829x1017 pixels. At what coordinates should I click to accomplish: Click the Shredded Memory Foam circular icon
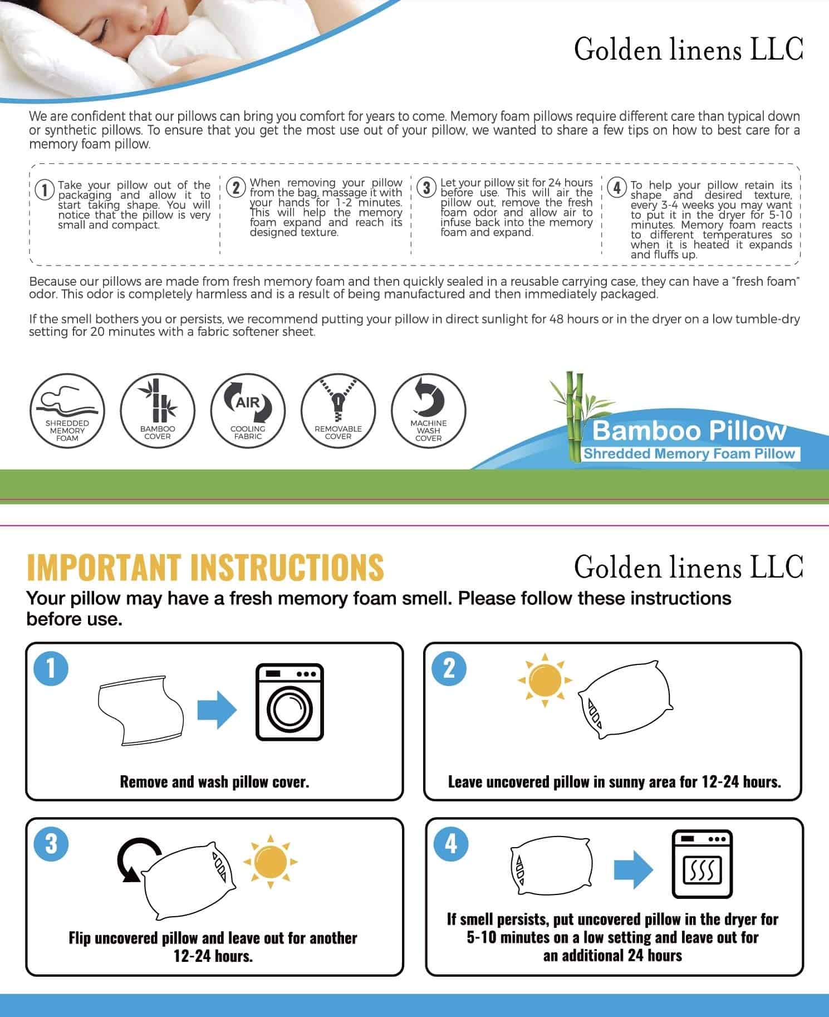(x=67, y=410)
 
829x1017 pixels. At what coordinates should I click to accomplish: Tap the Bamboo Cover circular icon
(x=158, y=410)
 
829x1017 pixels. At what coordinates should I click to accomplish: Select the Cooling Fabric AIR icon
(x=248, y=410)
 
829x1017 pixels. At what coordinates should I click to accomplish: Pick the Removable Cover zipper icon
(x=338, y=410)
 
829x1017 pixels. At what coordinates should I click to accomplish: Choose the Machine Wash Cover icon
(x=428, y=410)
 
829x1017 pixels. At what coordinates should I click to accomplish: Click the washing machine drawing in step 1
(x=289, y=702)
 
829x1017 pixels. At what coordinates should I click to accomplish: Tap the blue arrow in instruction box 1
(x=217, y=709)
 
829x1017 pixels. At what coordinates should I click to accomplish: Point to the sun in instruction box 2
(x=545, y=680)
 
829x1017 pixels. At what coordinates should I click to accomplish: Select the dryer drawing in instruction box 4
(x=702, y=864)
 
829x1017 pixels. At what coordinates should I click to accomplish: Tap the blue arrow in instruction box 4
(x=633, y=869)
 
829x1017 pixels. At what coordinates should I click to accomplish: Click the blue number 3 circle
(x=51, y=843)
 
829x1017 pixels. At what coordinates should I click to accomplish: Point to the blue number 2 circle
(x=449, y=668)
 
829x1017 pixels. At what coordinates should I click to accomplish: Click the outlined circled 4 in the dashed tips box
(x=617, y=188)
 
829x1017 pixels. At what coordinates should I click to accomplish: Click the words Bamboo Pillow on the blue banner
(x=689, y=431)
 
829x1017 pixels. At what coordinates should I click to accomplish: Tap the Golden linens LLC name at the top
(x=688, y=50)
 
